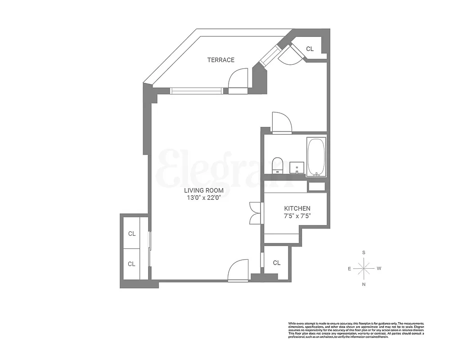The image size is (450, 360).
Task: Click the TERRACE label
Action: coord(220,60)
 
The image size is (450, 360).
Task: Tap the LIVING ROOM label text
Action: coord(203,190)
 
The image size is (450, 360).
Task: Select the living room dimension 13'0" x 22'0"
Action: coord(203,198)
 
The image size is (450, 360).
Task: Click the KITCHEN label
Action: coord(297,208)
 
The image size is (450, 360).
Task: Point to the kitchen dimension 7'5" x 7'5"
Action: coord(297,216)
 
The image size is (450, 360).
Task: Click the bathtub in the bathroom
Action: coord(316,157)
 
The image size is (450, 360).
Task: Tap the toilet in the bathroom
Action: coord(278,165)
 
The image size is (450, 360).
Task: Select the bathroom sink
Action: coord(296,168)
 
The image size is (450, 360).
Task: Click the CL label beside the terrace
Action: coord(310,49)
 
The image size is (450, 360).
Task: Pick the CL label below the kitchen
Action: coord(276,263)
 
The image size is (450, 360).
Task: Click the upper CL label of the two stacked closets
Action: coord(131,234)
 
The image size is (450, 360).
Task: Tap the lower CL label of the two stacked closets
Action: coord(131,264)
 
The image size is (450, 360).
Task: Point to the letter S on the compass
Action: coord(364,253)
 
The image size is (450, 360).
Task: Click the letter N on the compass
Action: coord(364,284)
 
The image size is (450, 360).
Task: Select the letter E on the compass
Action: coord(349,269)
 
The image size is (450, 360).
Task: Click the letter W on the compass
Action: coord(379,269)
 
